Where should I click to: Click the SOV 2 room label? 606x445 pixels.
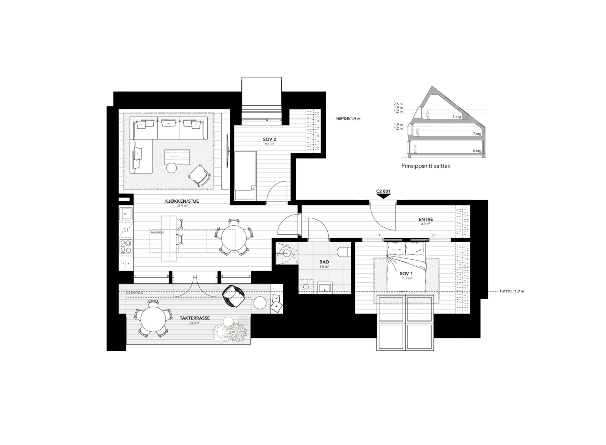click(270, 139)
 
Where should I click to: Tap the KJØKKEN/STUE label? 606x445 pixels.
click(182, 201)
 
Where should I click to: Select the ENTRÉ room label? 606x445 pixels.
click(426, 219)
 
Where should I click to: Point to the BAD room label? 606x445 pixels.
click(324, 262)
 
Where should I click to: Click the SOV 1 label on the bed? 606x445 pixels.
click(406, 274)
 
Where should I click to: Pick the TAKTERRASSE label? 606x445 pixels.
click(195, 318)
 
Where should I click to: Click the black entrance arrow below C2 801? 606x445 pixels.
click(383, 196)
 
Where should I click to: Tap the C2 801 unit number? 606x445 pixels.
click(383, 191)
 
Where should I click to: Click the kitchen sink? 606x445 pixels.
click(126, 213)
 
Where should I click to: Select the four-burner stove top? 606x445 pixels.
click(126, 246)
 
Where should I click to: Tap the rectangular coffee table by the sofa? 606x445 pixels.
click(177, 157)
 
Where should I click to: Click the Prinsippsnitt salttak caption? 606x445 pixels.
click(426, 166)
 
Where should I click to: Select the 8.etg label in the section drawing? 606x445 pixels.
click(456, 117)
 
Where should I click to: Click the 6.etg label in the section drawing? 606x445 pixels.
click(477, 151)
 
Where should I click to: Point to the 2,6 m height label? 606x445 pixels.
click(398, 104)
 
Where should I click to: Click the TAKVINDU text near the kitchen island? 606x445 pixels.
click(157, 232)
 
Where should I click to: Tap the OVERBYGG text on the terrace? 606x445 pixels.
click(134, 293)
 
